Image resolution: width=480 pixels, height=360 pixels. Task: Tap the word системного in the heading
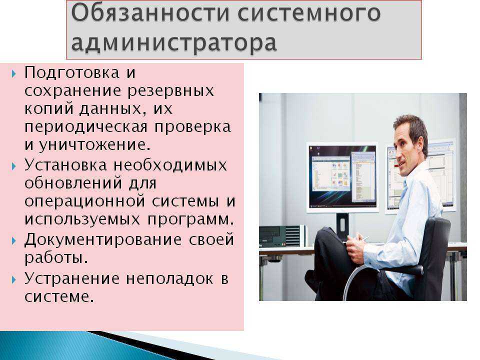[309, 13]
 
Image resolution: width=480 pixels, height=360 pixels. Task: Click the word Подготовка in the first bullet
[71, 73]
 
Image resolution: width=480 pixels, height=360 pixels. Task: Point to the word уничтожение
[94, 145]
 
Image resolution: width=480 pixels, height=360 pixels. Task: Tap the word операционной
[84, 201]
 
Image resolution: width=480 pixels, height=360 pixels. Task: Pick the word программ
[190, 219]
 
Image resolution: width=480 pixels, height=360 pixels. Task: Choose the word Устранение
[71, 279]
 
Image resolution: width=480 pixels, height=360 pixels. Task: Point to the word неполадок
[169, 279]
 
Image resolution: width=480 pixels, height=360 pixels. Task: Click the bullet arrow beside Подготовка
[14, 74]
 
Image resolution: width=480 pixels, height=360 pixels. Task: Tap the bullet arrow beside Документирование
[14, 240]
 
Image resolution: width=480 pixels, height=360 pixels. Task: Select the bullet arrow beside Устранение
[14, 279]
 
